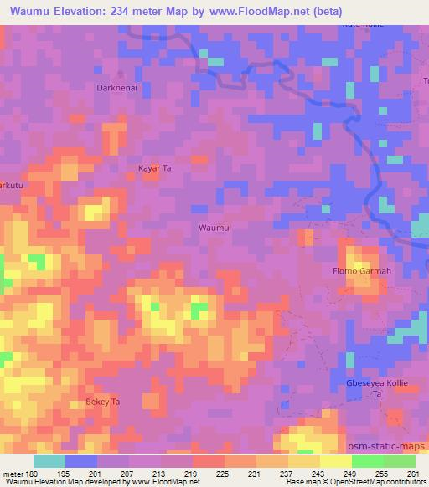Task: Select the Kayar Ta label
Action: (x=154, y=168)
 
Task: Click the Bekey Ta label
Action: (x=103, y=402)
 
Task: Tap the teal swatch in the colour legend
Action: (x=49, y=461)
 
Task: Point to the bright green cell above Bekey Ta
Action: (x=199, y=312)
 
